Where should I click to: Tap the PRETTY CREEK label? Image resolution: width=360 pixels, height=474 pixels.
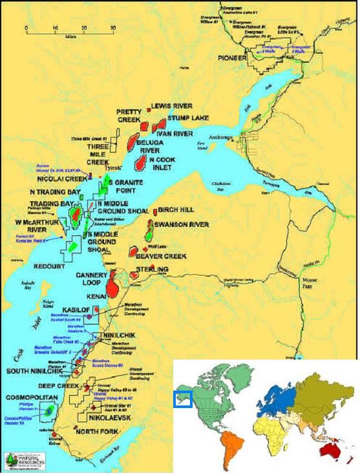(x=133, y=116)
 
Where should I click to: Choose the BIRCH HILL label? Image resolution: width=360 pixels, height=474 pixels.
(x=177, y=211)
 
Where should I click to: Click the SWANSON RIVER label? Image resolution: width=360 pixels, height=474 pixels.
(x=181, y=224)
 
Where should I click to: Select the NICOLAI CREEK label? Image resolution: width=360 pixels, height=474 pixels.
(x=63, y=178)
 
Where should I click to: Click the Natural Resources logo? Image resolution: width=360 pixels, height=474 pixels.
(x=21, y=459)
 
